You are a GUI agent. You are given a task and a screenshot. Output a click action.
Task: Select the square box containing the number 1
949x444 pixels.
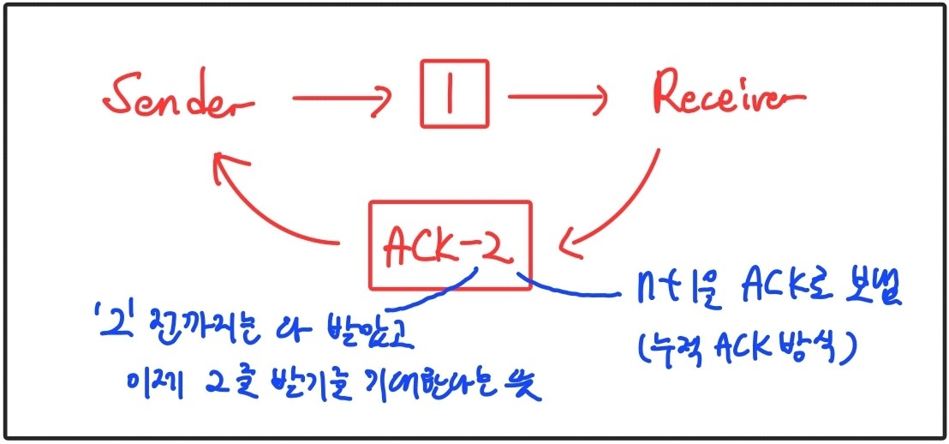454,93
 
